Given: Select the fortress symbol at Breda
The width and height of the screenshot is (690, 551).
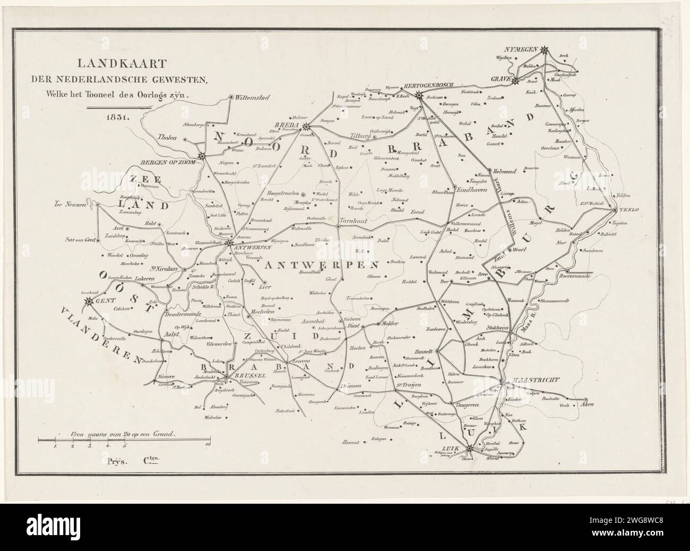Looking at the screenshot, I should pos(306,126).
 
